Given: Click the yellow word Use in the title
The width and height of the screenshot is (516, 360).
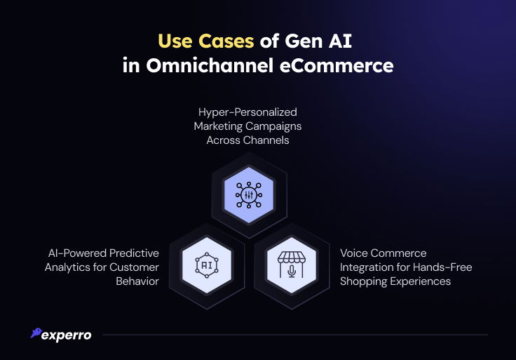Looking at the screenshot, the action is click(175, 41).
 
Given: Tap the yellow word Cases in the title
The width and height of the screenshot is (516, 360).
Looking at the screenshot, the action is click(226, 41).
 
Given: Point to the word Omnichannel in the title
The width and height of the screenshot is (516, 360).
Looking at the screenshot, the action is click(210, 65).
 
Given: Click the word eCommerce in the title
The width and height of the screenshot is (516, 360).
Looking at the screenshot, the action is click(337, 65).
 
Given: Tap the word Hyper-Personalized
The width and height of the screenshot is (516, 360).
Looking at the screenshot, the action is click(247, 112).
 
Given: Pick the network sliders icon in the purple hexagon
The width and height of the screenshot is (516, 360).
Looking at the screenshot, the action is click(249, 195).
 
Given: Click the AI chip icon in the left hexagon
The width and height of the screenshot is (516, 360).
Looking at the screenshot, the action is click(207, 265).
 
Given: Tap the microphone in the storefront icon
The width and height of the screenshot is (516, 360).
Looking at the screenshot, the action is click(292, 272).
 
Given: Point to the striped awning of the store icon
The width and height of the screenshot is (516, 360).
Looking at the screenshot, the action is click(292, 258).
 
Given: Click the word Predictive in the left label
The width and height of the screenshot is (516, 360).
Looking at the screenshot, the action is click(134, 253).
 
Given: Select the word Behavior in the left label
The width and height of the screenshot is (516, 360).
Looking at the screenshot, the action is click(137, 281).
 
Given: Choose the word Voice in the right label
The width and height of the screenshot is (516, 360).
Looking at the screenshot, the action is click(353, 253).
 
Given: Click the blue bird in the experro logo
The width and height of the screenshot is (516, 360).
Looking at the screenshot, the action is click(36, 333).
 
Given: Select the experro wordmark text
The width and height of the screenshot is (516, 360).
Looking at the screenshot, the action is click(67, 335).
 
